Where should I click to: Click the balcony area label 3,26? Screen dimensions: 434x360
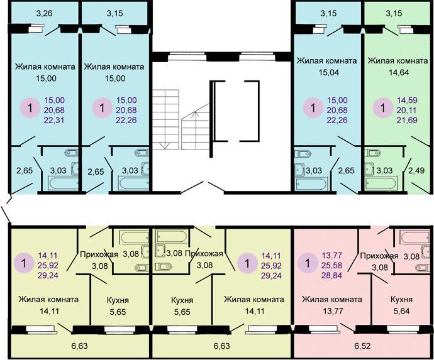(45, 13)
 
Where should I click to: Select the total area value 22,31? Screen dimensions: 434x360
(54, 120)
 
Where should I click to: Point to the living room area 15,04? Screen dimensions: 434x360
(328, 72)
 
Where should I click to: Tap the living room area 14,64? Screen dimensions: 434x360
(399, 72)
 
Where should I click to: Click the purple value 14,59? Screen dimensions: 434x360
(407, 100)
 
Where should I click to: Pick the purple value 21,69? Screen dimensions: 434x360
(407, 120)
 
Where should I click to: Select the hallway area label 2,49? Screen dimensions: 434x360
(416, 170)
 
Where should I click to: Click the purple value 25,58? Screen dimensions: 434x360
(332, 265)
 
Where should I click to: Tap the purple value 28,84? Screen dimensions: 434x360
(332, 275)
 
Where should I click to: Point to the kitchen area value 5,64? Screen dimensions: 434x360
(402, 311)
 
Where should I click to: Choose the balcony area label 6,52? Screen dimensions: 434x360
(362, 346)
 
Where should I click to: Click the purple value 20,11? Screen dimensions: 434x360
(407, 110)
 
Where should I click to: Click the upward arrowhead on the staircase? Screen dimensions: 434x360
(196, 112)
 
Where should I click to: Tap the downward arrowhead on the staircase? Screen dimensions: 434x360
(165, 146)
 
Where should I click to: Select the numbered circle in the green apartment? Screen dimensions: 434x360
(383, 107)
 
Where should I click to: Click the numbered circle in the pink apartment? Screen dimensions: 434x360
(308, 263)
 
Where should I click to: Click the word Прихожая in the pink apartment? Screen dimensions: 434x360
(379, 256)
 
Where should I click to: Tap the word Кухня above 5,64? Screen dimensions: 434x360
(402, 299)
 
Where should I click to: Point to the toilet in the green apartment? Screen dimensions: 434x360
(372, 153)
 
